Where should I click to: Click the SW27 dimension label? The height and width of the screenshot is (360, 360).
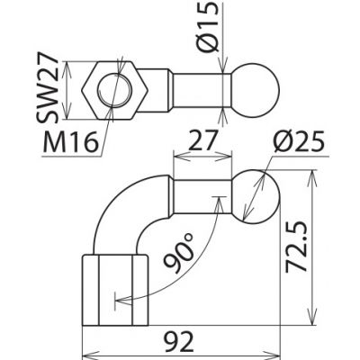click(x=48, y=90)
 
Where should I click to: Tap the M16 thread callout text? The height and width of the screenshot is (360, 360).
click(x=71, y=141)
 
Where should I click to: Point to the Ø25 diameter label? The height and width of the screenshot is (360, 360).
click(x=299, y=141)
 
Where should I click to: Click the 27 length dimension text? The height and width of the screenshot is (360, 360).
click(x=203, y=140)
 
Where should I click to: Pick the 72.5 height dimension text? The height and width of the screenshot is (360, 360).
click(x=296, y=247)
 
